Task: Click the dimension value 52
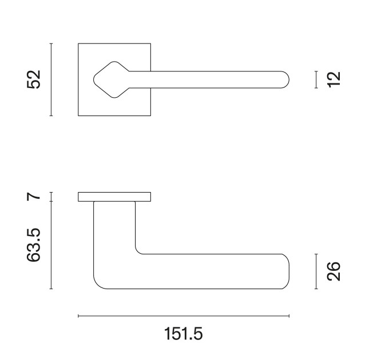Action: click(x=34, y=79)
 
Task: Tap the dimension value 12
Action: click(x=334, y=79)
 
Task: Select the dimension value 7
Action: click(x=34, y=197)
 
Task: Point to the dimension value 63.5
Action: click(x=33, y=245)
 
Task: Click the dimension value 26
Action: click(x=334, y=271)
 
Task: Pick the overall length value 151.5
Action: click(x=183, y=334)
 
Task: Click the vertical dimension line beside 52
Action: click(x=51, y=79)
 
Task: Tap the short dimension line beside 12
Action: click(x=316, y=79)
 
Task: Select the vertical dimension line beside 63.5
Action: click(x=51, y=245)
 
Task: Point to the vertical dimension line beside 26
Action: click(x=316, y=271)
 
